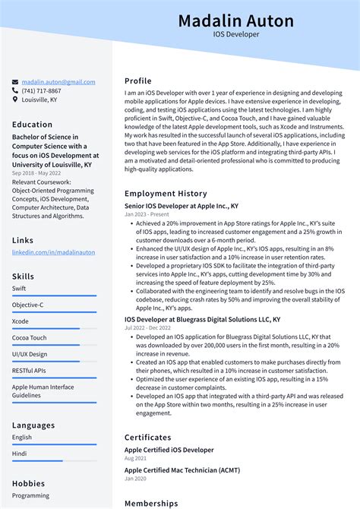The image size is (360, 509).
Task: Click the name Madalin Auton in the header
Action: tap(235, 20)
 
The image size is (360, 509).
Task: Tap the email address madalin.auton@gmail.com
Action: tap(58, 82)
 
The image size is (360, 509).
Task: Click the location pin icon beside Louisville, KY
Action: tap(15, 99)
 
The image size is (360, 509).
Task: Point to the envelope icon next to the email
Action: tap(15, 82)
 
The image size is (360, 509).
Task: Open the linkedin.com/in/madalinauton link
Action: tap(53, 251)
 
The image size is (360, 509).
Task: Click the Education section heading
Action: tap(32, 125)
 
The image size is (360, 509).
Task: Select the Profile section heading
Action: tap(137, 81)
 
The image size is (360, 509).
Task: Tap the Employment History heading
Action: tap(165, 194)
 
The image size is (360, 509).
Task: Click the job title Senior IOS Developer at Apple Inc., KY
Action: tap(181, 206)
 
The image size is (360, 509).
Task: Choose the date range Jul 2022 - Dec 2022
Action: tap(148, 328)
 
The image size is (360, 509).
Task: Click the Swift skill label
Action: tap(20, 289)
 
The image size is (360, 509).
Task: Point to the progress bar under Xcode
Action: tap(46, 328)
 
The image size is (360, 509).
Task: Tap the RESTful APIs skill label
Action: tap(29, 371)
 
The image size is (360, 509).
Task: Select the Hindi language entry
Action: tap(20, 454)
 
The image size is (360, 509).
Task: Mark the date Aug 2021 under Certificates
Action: tap(135, 458)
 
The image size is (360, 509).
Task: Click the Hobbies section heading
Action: tap(28, 482)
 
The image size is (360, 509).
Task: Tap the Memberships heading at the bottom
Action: tap(151, 503)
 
